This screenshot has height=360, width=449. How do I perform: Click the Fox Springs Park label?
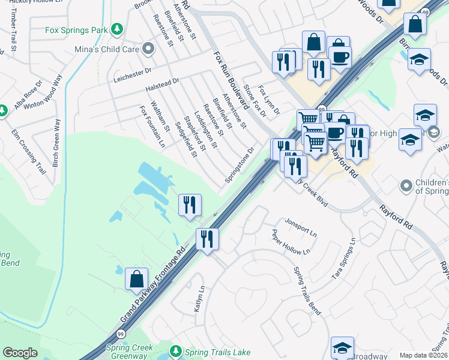(78, 29)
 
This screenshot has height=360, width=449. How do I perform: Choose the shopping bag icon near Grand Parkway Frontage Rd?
(136, 278)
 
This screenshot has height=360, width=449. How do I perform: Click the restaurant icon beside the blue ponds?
(189, 205)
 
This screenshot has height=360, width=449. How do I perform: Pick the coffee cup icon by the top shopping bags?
(340, 57)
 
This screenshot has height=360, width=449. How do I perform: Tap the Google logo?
(20, 352)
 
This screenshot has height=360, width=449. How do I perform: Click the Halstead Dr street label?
(162, 85)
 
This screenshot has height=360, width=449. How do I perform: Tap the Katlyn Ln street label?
(199, 298)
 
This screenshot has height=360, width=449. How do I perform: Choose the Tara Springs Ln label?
(344, 259)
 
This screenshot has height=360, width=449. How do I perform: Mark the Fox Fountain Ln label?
(152, 127)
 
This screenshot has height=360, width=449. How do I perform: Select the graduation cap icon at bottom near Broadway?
(342, 347)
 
